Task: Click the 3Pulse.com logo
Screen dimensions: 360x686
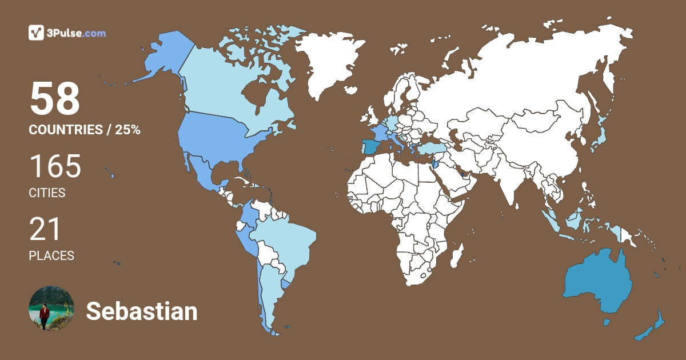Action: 67,33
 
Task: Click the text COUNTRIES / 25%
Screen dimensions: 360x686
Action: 85,130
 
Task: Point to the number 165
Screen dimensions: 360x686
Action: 55,167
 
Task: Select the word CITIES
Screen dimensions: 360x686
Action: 47,193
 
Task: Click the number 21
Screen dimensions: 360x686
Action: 45,230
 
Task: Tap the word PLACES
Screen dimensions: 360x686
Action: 51,255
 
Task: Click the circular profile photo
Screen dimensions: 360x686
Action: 51,309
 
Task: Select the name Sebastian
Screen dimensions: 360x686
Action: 142,311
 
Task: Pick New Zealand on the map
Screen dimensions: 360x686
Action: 652,329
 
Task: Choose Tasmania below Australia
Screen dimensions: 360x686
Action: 607,323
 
